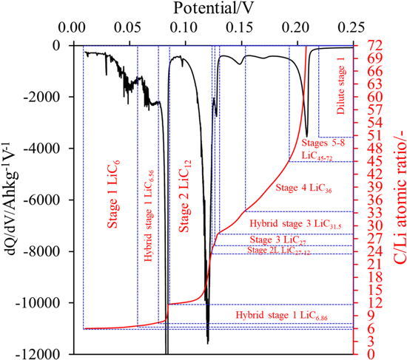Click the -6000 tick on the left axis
(73, 200)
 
